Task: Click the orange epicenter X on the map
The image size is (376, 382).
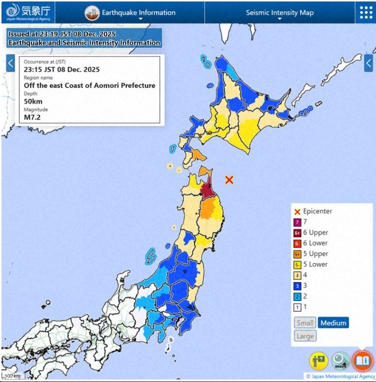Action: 229,179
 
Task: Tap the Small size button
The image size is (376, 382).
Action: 305,323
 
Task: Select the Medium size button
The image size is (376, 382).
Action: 333,323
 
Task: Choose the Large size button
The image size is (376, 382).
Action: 305,336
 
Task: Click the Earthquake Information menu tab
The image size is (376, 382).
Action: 131,12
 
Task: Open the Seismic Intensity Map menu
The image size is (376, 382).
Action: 280,12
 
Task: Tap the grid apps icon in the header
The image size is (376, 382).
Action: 366,12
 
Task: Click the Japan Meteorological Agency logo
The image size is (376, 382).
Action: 28,12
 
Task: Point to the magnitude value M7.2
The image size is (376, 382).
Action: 32,118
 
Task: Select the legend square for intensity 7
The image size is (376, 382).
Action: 298,222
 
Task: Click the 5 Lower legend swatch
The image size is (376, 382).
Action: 298,264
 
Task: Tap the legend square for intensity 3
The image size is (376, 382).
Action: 298,286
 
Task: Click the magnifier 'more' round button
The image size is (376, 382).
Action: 340,361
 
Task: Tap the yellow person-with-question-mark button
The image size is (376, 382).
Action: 318,361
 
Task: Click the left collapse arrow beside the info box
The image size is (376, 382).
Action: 10,63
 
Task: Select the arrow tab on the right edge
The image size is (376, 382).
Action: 369,63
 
